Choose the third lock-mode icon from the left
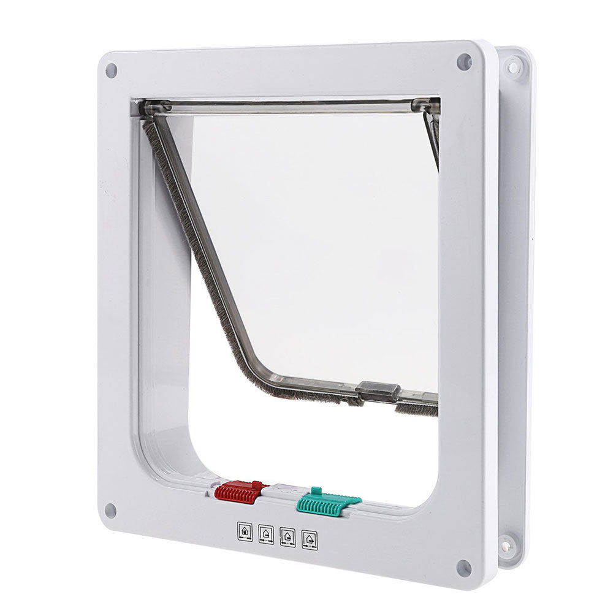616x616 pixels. [x=287, y=538]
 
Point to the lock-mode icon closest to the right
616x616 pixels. [x=310, y=541]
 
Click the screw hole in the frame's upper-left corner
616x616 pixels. [x=111, y=70]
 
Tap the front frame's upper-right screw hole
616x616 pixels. [x=464, y=61]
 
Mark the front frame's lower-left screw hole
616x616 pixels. [x=110, y=510]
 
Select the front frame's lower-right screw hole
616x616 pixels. [x=463, y=567]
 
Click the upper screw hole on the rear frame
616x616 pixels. [x=512, y=66]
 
